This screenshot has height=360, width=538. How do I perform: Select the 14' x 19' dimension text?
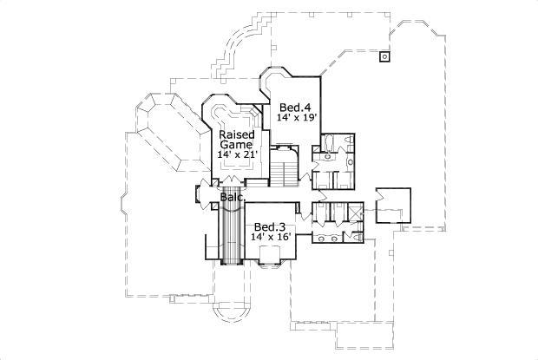pos(297,115)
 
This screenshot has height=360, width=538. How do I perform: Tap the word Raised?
pos(235,135)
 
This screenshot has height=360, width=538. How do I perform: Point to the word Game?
pos(235,145)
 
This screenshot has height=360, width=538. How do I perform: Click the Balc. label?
pos(231,198)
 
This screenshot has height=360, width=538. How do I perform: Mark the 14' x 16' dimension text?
pos(270,236)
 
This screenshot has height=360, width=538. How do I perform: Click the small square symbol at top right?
pos(384,57)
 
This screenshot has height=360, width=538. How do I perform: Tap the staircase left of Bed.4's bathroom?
pos(285,164)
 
